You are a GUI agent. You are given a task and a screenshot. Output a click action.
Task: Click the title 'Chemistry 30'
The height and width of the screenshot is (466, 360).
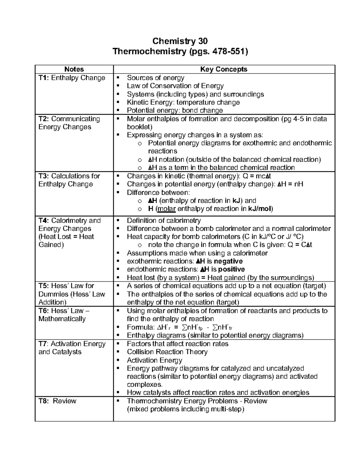tap(180, 41)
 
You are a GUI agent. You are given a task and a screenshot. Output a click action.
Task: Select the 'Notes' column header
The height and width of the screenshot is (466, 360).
tap(74, 69)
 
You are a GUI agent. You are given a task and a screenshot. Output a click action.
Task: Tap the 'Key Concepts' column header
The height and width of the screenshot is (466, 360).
tap(224, 69)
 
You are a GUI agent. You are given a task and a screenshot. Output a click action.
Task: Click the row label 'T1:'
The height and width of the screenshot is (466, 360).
tap(44, 78)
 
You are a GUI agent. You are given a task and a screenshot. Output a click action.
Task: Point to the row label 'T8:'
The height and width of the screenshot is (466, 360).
tap(44, 401)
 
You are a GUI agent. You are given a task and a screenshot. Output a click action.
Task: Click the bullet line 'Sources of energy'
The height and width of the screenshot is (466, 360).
tap(155, 78)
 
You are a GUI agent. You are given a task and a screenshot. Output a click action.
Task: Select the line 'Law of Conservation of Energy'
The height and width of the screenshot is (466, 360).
tap(175, 86)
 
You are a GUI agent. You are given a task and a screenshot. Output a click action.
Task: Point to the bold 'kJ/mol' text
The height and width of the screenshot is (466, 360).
tap(260, 209)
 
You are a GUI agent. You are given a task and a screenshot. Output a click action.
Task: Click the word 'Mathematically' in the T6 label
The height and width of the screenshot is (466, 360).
tap(62, 319)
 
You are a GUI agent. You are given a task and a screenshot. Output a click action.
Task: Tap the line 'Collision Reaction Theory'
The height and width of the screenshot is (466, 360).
tap(167, 352)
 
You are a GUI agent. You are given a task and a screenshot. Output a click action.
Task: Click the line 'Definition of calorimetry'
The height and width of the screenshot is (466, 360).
tap(164, 221)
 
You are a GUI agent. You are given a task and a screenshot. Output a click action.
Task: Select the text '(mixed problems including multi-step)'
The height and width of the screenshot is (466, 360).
tap(186, 409)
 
